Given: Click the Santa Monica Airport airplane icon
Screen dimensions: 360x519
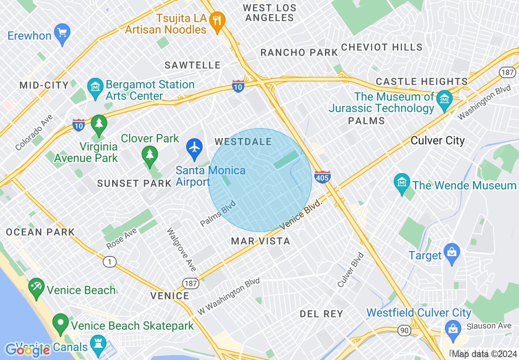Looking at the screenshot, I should tap(194, 148).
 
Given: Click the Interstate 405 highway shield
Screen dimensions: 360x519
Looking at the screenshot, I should tap(323, 177).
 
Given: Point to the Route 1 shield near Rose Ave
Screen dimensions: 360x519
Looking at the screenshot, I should tap(109, 262).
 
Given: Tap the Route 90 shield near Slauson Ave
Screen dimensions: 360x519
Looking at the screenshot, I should tap(404, 331).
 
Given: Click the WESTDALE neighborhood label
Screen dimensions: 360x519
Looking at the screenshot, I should tap(243, 142).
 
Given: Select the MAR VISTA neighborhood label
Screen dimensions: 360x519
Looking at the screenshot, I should tap(261, 241).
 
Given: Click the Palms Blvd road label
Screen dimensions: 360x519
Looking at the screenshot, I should tap(218, 213).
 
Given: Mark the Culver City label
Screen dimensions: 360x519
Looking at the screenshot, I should tap(438, 141).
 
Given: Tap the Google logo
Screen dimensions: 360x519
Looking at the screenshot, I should tap(27, 350).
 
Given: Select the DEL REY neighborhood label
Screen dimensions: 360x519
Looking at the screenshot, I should tap(321, 314).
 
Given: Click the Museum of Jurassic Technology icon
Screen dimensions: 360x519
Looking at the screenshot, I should tap(444, 99).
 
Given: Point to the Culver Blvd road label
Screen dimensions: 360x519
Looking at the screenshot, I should tap(351, 270).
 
